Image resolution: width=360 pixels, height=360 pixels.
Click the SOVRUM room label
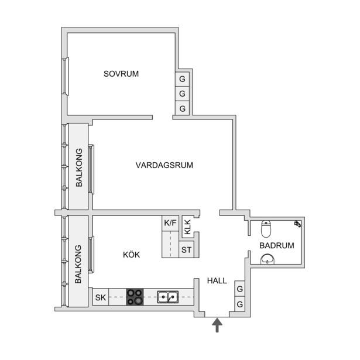tap(121, 74)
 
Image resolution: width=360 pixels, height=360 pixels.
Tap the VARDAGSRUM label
tap(164, 165)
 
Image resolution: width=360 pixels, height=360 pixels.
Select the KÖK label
tap(131, 255)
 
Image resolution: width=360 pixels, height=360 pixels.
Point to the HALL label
tap(217, 280)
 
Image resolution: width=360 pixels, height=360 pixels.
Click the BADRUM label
tap(277, 245)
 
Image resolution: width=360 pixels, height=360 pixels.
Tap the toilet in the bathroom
tap(266, 229)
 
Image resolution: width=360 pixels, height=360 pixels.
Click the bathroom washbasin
tap(268, 259)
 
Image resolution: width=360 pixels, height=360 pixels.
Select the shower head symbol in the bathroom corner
tap(297, 224)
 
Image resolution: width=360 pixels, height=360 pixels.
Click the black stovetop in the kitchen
tap(135, 297)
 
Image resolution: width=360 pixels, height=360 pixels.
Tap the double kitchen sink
tap(168, 297)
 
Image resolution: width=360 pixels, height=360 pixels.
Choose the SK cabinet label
tap(100, 297)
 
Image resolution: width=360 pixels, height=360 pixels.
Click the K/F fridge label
tap(170, 222)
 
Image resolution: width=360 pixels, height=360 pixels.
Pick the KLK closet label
tap(187, 227)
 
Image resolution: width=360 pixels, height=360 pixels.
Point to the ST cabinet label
tap(186, 249)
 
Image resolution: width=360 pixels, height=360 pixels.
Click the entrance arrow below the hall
tap(217, 325)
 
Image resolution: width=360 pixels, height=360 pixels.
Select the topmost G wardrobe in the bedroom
tap(182, 79)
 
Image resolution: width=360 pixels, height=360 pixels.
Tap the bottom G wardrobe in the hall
tap(239, 304)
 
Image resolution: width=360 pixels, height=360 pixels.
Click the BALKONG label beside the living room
tap(79, 167)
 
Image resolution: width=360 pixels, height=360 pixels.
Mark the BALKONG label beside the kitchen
tap(78, 264)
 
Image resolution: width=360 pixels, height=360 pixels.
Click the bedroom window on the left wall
tap(66, 76)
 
